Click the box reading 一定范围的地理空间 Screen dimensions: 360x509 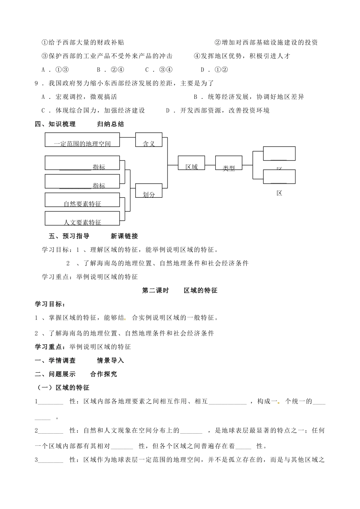click(x=82, y=140)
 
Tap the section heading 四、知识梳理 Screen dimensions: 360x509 click(x=55, y=124)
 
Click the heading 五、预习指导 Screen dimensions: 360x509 click(x=69, y=236)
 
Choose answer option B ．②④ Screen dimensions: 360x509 click(x=111, y=70)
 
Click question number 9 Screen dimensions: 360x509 click(x=37, y=83)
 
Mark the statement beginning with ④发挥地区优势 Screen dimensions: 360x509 click(x=242, y=56)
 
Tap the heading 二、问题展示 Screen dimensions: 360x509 click(x=55, y=374)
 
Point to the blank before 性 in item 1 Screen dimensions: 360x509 click(x=51, y=401)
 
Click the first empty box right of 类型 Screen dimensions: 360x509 click(x=279, y=153)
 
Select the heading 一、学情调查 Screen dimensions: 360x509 click(x=55, y=360)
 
